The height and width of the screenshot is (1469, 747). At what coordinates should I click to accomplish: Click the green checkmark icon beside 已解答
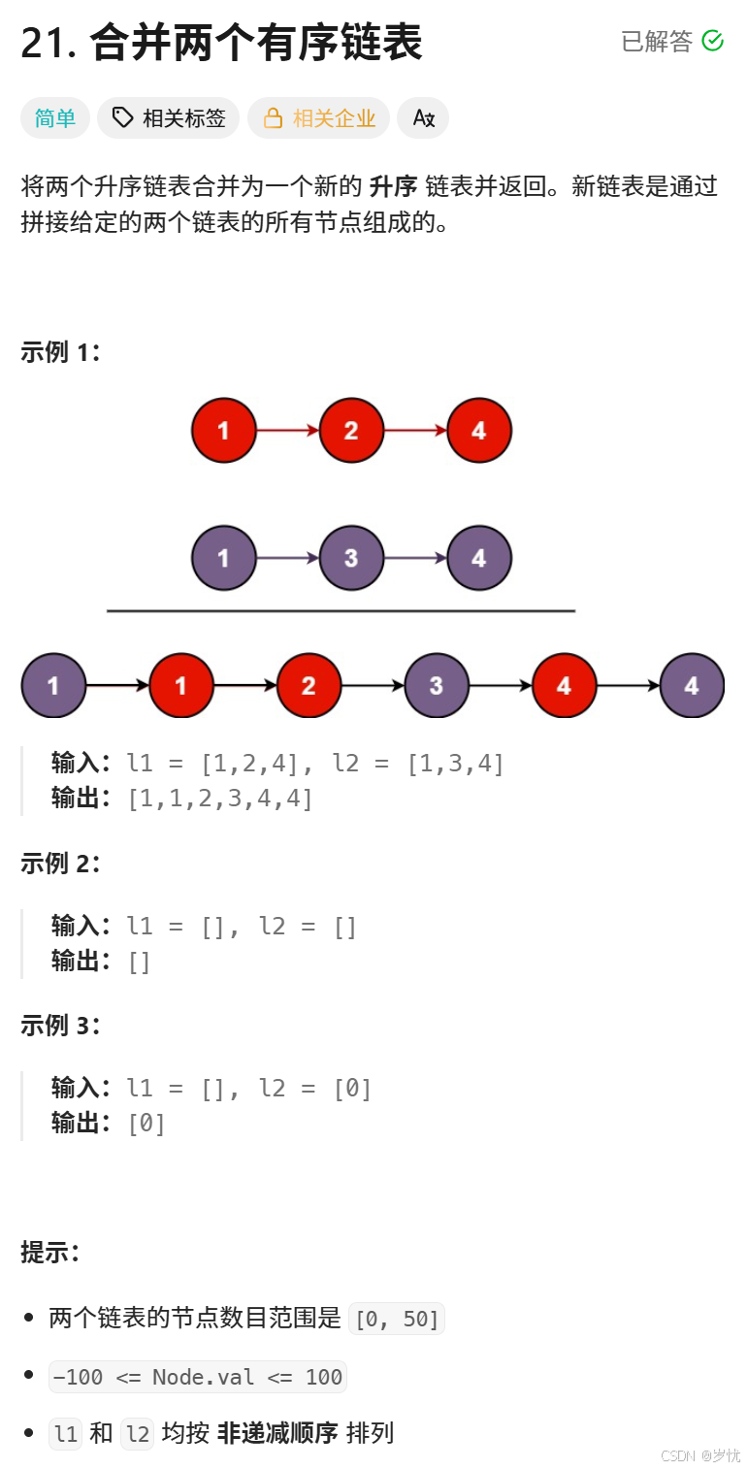click(x=712, y=41)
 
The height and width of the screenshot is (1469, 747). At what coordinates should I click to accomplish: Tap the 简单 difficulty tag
click(x=55, y=118)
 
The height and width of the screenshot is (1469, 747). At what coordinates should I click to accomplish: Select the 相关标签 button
click(x=170, y=118)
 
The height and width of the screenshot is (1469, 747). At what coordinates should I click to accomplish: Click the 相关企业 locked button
click(x=319, y=118)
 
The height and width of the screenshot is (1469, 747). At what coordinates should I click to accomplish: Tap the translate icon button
click(x=423, y=118)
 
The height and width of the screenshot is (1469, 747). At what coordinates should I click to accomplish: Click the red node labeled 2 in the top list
click(x=351, y=430)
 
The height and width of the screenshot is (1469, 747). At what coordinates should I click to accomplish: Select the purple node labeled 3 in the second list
click(x=351, y=558)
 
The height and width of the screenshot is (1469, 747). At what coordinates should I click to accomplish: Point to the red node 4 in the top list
click(x=478, y=430)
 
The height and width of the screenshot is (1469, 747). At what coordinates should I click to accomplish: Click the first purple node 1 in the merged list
click(x=53, y=686)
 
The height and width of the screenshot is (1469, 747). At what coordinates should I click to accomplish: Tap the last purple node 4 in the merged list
click(x=692, y=686)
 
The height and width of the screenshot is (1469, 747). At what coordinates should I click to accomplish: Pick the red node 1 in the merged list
click(x=181, y=686)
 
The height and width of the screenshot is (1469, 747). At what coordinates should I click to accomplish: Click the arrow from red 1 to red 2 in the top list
click(x=287, y=430)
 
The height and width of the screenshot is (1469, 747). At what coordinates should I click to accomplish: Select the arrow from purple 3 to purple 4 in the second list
click(x=415, y=558)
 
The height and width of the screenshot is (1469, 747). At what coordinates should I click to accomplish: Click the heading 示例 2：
click(x=60, y=863)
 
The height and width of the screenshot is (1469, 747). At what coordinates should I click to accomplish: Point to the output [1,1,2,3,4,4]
click(x=220, y=799)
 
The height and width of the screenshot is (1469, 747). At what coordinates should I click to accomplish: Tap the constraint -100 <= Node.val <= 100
click(x=198, y=1377)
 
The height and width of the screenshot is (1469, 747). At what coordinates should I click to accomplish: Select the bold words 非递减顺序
click(x=277, y=1433)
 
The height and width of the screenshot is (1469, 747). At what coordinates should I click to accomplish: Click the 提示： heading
click(x=49, y=1253)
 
